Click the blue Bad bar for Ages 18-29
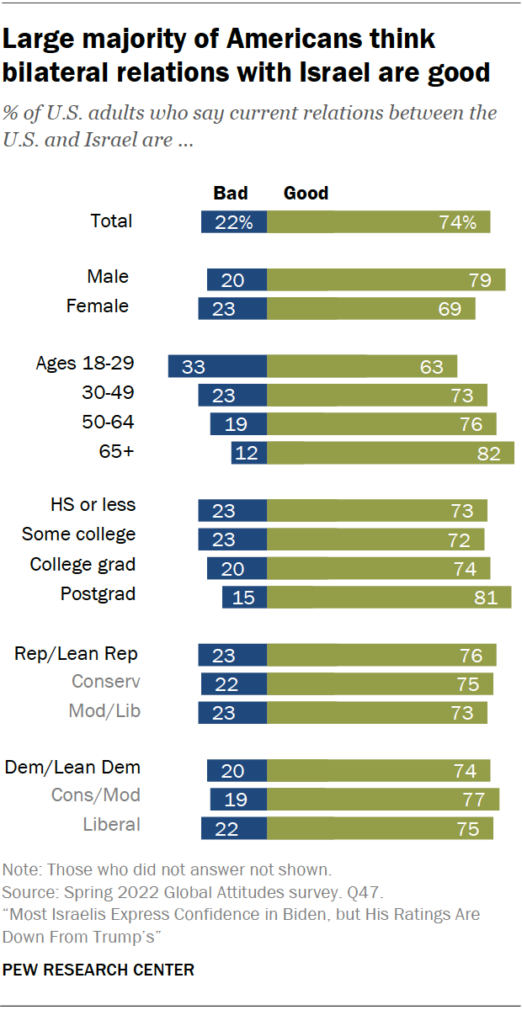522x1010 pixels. (x=217, y=365)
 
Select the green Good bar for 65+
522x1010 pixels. (x=391, y=453)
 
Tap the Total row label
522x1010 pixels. (x=111, y=221)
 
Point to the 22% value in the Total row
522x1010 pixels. (x=233, y=222)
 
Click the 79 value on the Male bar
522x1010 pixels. (x=479, y=280)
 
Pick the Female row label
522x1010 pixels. (x=98, y=306)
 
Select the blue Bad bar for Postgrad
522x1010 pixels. (x=244, y=597)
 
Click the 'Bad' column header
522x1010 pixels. (x=230, y=194)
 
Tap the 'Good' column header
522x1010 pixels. (x=306, y=194)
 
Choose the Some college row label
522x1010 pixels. (x=78, y=534)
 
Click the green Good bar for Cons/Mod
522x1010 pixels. (x=383, y=799)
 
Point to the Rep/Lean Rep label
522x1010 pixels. (x=76, y=654)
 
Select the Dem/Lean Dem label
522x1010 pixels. (x=72, y=768)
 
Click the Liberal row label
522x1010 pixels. (x=111, y=825)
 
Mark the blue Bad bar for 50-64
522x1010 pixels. (x=238, y=423)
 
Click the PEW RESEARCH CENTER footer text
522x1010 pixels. (x=99, y=970)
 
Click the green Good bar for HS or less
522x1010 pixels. (x=377, y=511)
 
